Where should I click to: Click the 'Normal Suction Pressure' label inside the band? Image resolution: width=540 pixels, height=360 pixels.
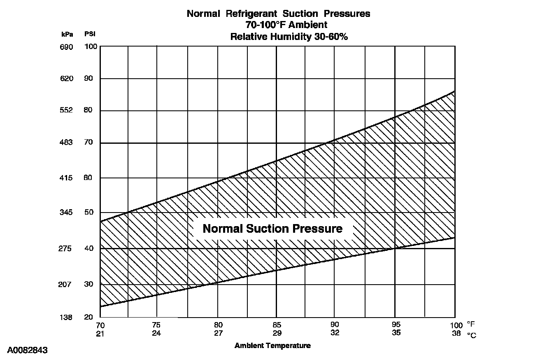coord(272,229)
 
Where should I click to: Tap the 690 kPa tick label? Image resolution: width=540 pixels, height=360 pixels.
coord(66,47)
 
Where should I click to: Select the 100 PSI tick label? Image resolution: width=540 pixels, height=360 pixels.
coord(91,47)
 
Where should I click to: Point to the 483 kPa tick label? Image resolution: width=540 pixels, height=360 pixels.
coord(66,143)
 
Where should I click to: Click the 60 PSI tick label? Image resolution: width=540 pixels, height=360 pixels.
coord(89,178)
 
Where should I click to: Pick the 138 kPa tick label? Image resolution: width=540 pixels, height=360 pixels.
coord(66,318)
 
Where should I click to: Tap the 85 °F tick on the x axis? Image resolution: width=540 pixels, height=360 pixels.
coord(277,325)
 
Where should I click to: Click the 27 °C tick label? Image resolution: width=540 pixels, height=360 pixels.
coord(219,333)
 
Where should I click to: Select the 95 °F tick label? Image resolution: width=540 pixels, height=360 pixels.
coord(396,325)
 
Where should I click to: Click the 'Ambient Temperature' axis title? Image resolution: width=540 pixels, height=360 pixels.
coord(272,346)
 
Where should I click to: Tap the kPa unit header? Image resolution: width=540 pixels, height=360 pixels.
coord(67,34)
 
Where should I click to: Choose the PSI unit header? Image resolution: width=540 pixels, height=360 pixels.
coord(90,34)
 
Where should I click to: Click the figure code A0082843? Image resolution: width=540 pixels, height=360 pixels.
coord(28,351)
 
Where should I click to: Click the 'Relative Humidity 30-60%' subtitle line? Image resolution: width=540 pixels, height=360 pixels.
coord(289,37)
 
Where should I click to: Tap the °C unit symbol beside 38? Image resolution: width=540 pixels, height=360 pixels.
coord(472,335)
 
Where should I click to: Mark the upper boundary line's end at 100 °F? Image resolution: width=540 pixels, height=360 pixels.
coord(455,91)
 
